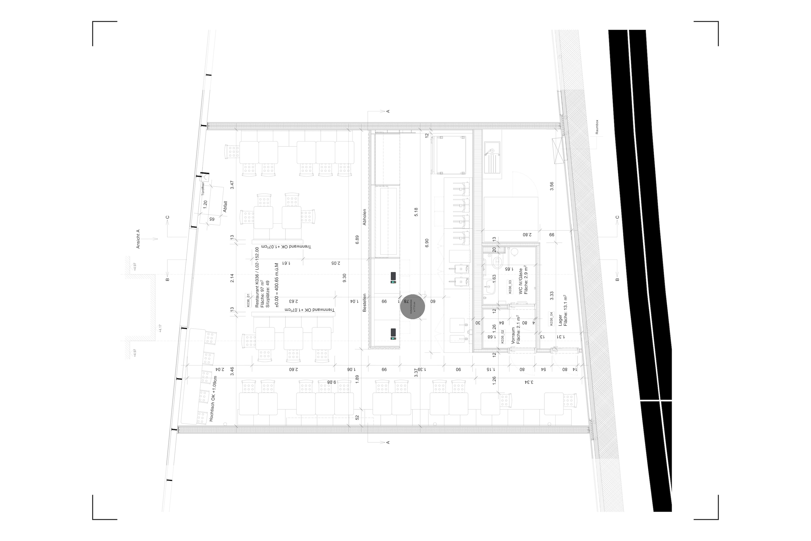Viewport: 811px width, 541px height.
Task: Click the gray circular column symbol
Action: coord(413,307)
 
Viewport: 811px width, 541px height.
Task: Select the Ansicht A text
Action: coord(138,239)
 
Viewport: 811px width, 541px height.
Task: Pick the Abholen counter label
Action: coord(364,217)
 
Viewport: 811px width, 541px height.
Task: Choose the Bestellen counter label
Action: coord(364,303)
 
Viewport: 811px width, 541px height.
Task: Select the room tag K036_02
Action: coord(502,336)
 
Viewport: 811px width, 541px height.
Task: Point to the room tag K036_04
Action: coord(551,319)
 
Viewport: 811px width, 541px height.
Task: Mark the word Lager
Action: coord(560,320)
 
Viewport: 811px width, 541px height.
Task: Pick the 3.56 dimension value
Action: coord(551,186)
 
